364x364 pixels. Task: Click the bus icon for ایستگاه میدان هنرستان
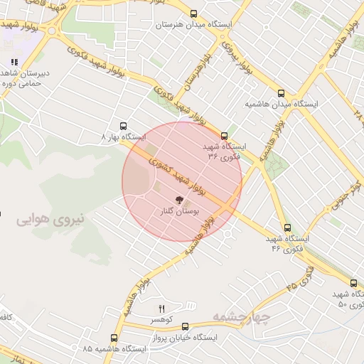click(193, 14)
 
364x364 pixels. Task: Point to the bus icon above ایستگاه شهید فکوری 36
click(225, 135)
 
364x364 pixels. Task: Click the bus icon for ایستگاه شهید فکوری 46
click(287, 228)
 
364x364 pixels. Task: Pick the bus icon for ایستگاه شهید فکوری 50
click(354, 284)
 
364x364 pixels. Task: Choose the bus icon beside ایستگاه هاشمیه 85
click(114, 338)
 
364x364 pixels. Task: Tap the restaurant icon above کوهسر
click(161, 308)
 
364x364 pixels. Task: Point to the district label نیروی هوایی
click(51, 219)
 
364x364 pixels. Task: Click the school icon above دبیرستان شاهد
click(15, 63)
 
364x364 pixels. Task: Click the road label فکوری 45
click(301, 277)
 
